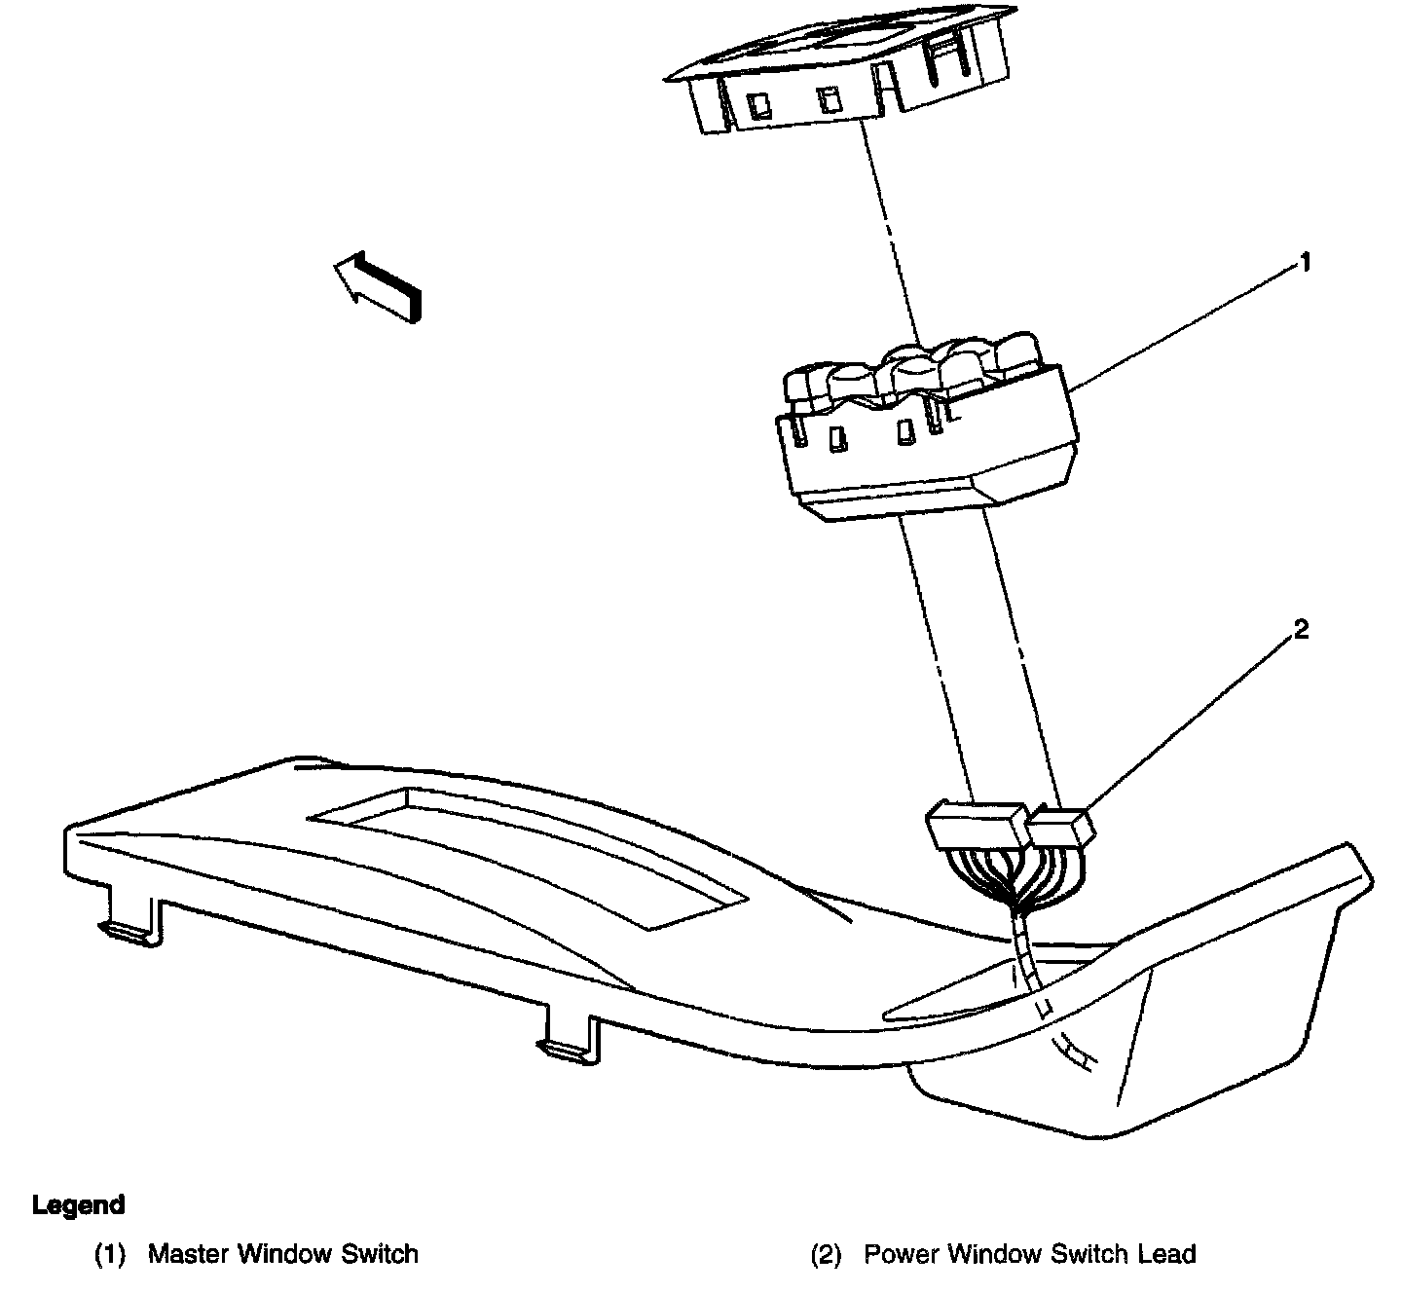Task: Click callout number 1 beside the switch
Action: click(x=1306, y=263)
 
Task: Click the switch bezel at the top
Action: click(x=837, y=78)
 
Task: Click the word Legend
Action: click(x=78, y=1205)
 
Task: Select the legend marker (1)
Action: click(x=110, y=1253)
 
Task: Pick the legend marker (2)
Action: click(x=827, y=1253)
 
